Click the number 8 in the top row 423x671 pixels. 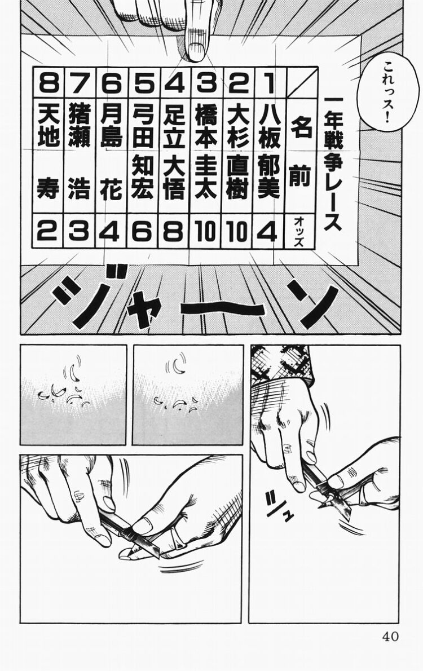pyautogui.click(x=49, y=83)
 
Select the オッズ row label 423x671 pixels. pyautogui.click(x=299, y=232)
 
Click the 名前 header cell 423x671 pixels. pyautogui.click(x=301, y=152)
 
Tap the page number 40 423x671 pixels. pyautogui.click(x=390, y=636)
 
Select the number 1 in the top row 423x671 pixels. pyautogui.click(x=269, y=83)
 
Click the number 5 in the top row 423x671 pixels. pyautogui.click(x=143, y=83)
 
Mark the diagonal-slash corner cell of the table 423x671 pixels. pyautogui.click(x=301, y=82)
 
